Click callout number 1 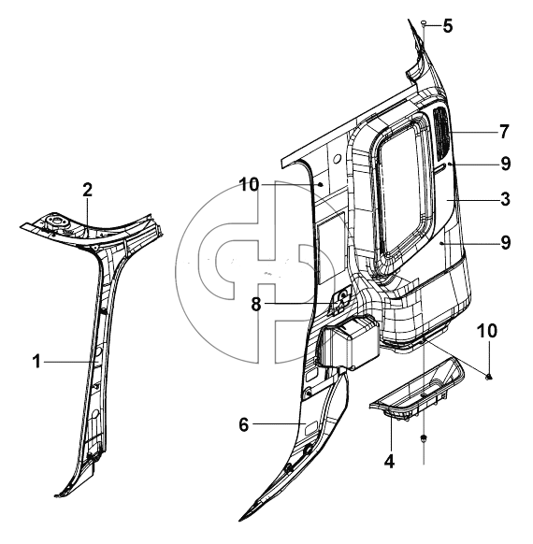(x=36, y=362)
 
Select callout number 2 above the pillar (x=88, y=190)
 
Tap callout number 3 (x=505, y=199)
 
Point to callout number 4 (x=390, y=462)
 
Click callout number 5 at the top (x=448, y=26)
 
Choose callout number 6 (x=244, y=424)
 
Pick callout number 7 (x=504, y=132)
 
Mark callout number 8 (x=255, y=305)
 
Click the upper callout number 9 (x=506, y=164)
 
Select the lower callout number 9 (x=506, y=242)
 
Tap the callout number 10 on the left (x=250, y=184)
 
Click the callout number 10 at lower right (x=487, y=331)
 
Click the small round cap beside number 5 (x=424, y=22)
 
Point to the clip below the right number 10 (x=489, y=376)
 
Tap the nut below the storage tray (x=424, y=439)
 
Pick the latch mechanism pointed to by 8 (x=341, y=300)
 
